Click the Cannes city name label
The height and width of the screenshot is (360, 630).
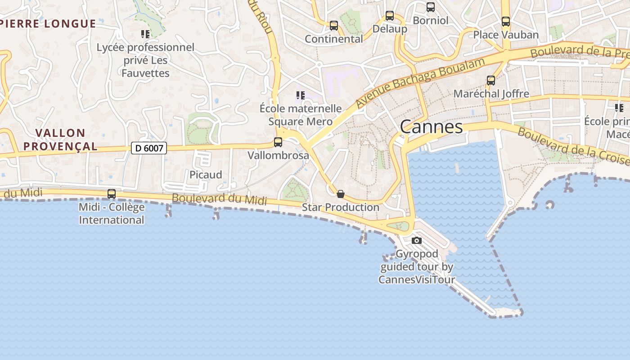431,127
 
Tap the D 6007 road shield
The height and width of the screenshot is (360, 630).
149,148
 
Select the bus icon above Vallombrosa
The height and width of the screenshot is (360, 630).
278,142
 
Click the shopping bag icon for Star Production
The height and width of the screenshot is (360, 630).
341,194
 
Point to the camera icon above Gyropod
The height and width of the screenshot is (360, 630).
417,240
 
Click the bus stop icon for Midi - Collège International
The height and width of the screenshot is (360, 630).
111,194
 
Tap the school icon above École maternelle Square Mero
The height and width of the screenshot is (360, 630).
300,95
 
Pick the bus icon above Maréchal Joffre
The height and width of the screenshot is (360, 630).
490,81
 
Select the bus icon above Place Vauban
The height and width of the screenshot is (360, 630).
506,21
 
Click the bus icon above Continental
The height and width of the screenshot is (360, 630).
333,26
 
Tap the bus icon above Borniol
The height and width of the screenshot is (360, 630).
431,7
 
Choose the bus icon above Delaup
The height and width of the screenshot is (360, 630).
390,16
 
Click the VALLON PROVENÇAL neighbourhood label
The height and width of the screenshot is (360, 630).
60,139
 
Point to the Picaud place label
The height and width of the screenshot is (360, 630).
206,175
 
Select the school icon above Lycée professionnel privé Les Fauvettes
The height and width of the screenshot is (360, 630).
145,34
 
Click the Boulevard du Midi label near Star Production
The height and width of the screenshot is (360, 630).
219,199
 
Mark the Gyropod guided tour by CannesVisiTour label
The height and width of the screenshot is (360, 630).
417,266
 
